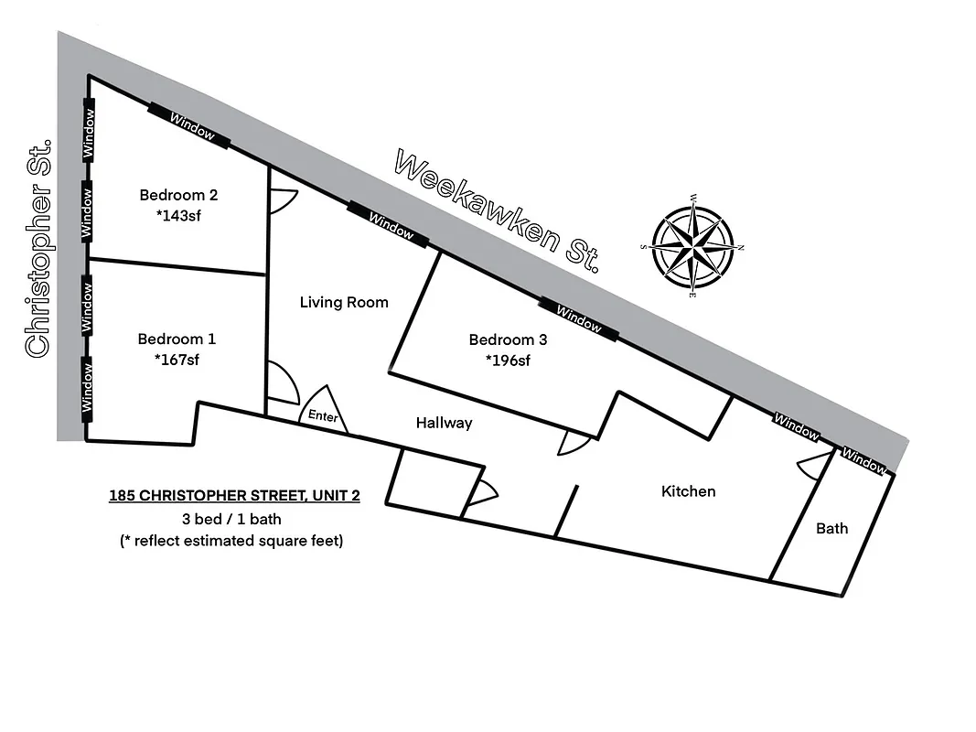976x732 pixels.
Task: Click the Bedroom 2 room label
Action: tap(178, 195)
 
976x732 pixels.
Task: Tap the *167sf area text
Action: tap(177, 359)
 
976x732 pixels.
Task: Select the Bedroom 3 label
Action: tap(508, 340)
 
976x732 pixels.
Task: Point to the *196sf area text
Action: tap(508, 360)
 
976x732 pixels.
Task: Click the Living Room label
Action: tap(344, 303)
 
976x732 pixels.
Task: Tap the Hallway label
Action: tap(444, 423)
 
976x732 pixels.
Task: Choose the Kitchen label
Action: tap(688, 492)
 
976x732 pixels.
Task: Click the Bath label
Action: tap(831, 528)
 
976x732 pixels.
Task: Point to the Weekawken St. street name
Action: tap(499, 211)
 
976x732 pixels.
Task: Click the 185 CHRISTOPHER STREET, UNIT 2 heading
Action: tap(234, 497)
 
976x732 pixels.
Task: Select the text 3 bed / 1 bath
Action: tap(231, 520)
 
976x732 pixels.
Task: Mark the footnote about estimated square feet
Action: tap(231, 541)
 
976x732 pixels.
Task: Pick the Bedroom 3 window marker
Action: tap(578, 318)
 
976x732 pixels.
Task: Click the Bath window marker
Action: tap(864, 460)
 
